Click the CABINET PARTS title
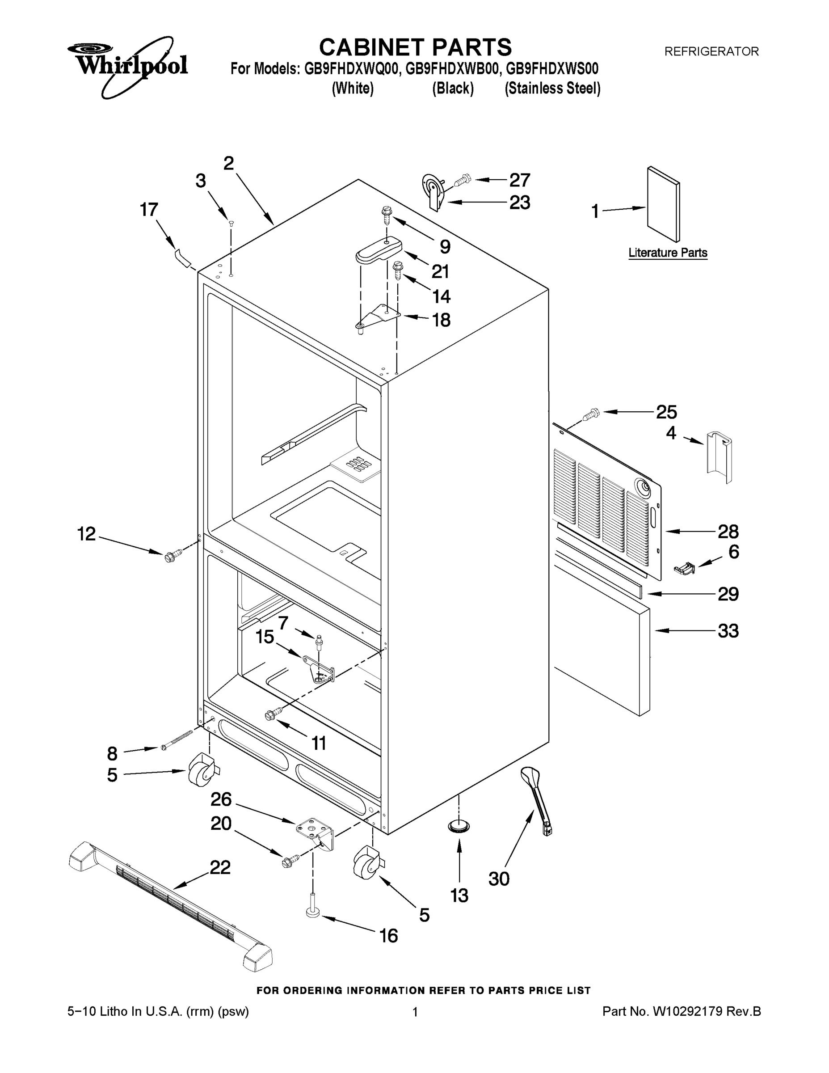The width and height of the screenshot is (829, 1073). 415,48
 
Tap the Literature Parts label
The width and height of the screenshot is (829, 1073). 668,253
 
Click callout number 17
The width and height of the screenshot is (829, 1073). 148,210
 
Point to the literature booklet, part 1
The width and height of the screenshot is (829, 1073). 664,204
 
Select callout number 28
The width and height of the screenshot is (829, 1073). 728,532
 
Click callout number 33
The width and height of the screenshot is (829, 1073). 728,631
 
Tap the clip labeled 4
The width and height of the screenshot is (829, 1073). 720,457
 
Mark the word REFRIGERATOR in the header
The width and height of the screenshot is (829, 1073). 711,51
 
